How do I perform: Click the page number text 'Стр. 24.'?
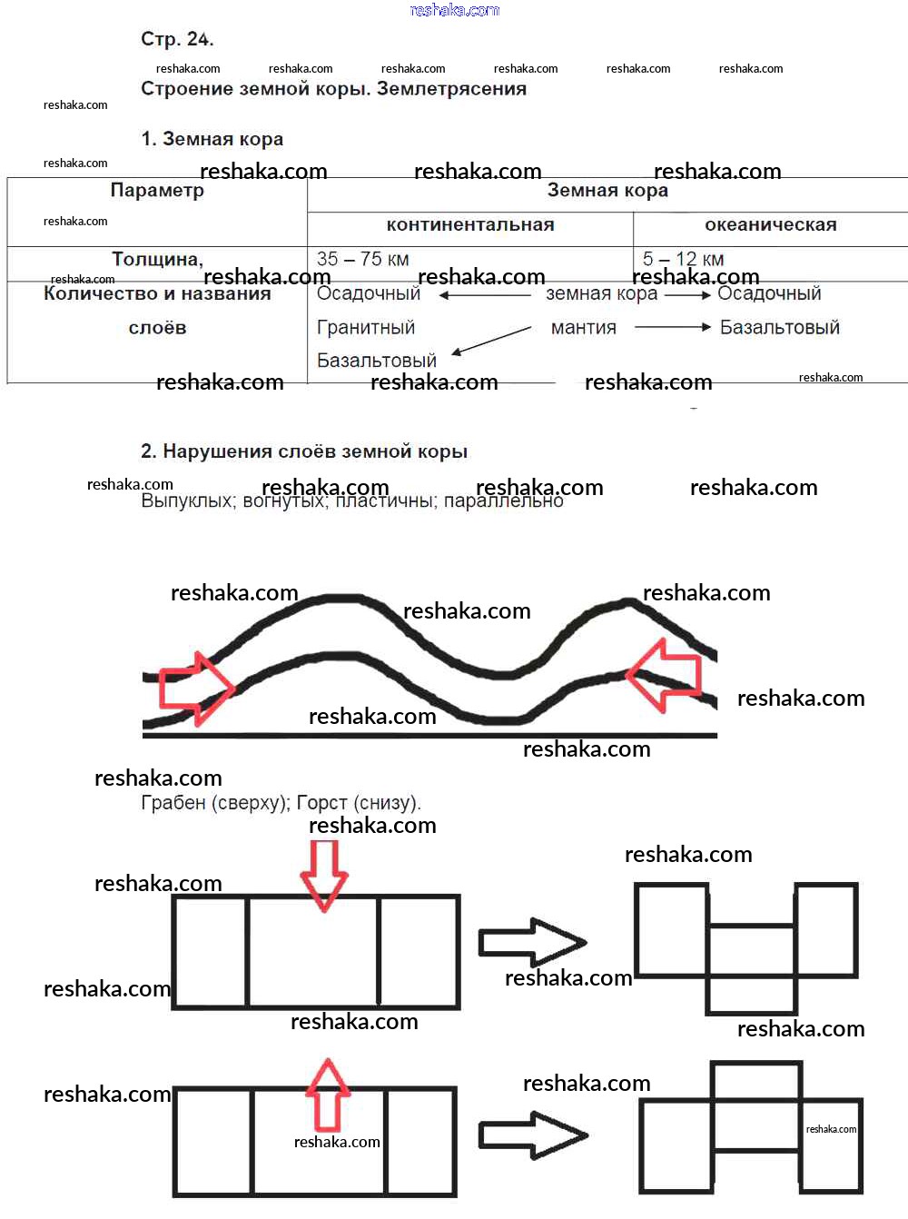[177, 39]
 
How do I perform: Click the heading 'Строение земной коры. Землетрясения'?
[333, 89]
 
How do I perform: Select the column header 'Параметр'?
[157, 191]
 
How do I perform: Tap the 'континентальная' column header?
[470, 225]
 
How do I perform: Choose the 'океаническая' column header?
[771, 225]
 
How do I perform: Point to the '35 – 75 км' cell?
[362, 260]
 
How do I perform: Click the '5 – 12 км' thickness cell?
[683, 260]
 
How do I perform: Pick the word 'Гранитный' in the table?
[366, 328]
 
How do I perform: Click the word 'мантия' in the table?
[584, 328]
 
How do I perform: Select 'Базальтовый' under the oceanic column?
[779, 328]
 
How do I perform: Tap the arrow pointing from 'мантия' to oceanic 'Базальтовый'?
[672, 328]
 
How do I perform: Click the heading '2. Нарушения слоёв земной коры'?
[304, 451]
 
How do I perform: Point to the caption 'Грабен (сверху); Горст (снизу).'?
[281, 803]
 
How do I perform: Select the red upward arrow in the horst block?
[328, 1094]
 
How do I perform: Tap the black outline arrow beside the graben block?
[532, 942]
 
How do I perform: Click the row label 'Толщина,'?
[157, 260]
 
